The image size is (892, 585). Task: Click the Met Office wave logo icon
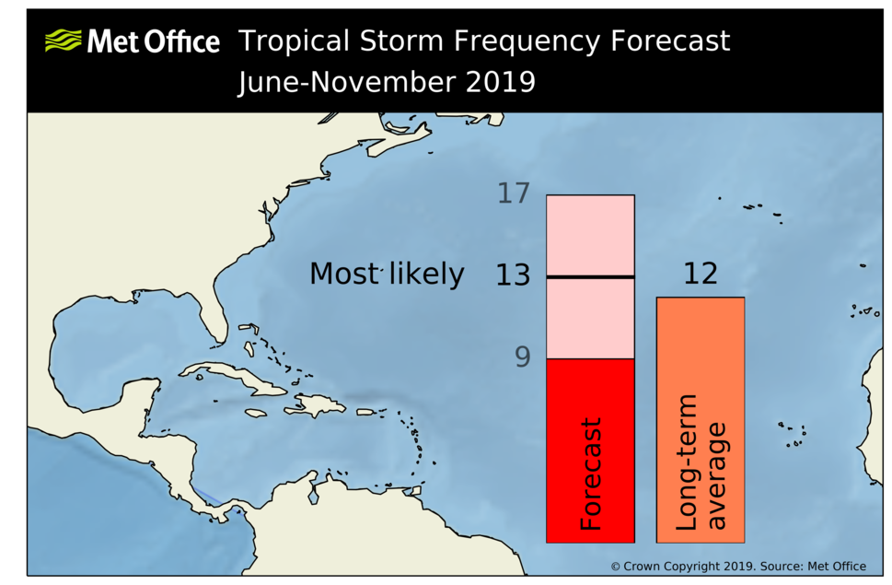pyautogui.click(x=63, y=41)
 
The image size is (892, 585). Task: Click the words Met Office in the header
pyautogui.click(x=153, y=41)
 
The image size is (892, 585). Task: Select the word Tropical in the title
pyautogui.click(x=294, y=41)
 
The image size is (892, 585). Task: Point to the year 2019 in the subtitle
pyautogui.click(x=498, y=82)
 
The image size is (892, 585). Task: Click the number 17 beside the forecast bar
pyautogui.click(x=514, y=193)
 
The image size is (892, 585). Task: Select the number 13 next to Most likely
pyautogui.click(x=513, y=275)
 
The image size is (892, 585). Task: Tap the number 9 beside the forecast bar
pyautogui.click(x=522, y=357)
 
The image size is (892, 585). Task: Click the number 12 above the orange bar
pyautogui.click(x=700, y=274)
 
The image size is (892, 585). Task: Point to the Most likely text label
pyautogui.click(x=387, y=275)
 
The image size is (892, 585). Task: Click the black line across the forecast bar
pyautogui.click(x=590, y=276)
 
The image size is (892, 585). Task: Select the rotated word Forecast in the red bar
pyautogui.click(x=590, y=474)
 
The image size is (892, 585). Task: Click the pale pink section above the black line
pyautogui.click(x=590, y=235)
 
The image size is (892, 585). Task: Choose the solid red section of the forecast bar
pyautogui.click(x=590, y=387)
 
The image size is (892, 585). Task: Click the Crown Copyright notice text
pyautogui.click(x=737, y=566)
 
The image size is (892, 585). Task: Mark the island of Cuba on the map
pyautogui.click(x=235, y=379)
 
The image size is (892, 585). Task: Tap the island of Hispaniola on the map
pyautogui.click(x=318, y=405)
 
